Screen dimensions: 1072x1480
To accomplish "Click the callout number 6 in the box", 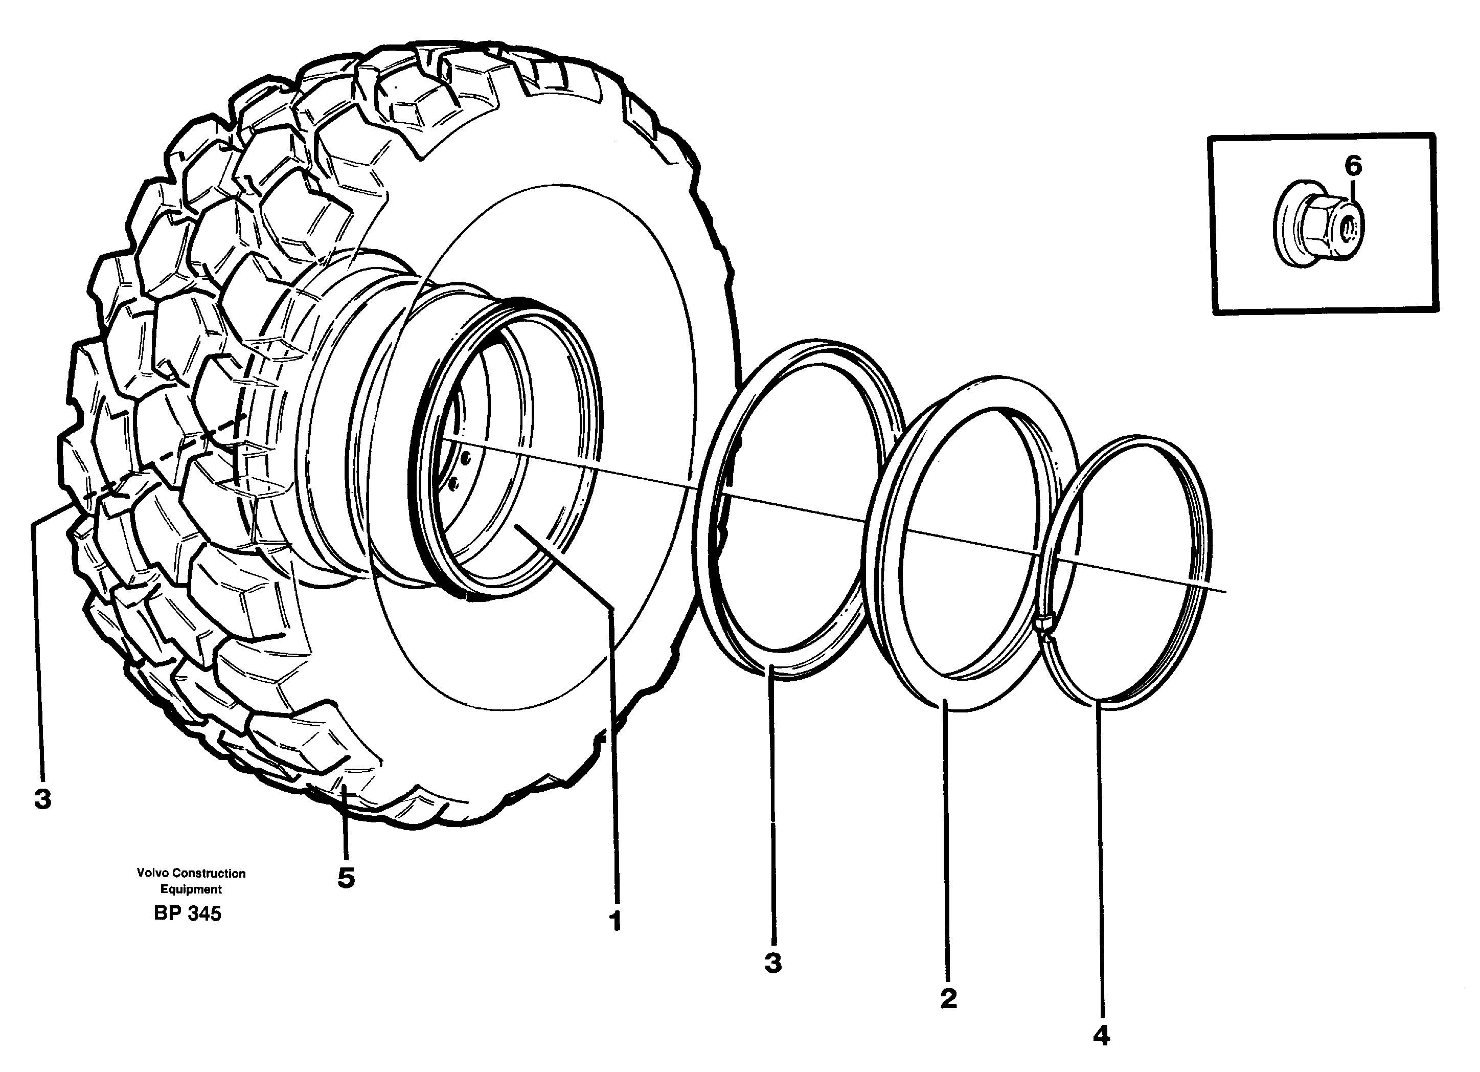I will click(x=1353, y=167).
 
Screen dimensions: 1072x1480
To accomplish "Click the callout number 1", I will click(x=614, y=921).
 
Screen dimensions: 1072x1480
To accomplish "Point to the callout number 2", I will click(x=948, y=998).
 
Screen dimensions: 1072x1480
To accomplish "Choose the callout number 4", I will click(x=1101, y=1036).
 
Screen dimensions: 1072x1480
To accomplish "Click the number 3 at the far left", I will click(x=42, y=798).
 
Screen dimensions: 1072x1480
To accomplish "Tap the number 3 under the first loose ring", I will click(x=772, y=963).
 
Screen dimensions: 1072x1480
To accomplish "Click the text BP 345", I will click(x=187, y=913).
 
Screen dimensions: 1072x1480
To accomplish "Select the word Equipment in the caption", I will click(x=191, y=889).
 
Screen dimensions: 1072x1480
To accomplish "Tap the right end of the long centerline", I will click(x=1225, y=592).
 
